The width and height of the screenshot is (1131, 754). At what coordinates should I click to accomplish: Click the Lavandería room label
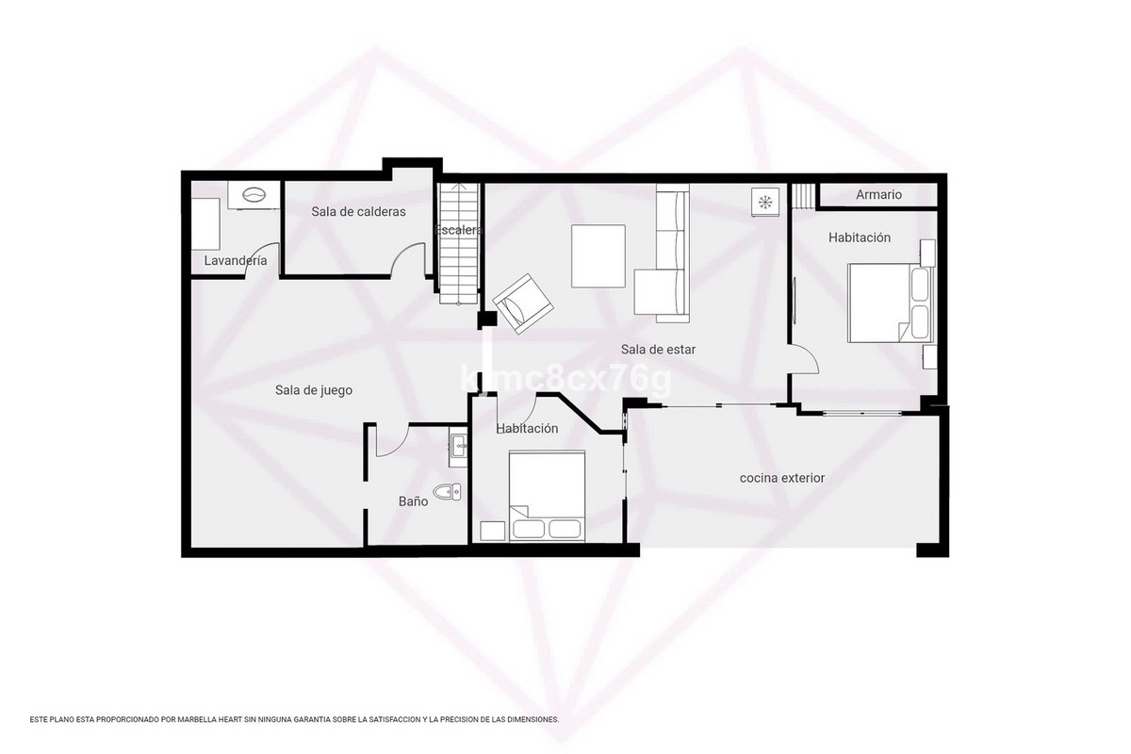coord(236,261)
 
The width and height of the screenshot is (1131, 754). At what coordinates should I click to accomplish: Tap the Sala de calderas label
coord(358,212)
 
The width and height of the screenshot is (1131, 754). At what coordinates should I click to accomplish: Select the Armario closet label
coord(878,195)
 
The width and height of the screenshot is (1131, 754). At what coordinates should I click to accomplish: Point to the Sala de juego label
coord(314,390)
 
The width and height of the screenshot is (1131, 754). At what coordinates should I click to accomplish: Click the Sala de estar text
coord(658,350)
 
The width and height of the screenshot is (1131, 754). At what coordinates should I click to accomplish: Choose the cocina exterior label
coord(781,479)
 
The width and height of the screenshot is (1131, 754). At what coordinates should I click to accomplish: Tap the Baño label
coord(413,501)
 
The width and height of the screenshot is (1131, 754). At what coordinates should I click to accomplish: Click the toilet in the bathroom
coord(447,491)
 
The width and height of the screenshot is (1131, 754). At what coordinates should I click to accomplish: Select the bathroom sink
coord(458,446)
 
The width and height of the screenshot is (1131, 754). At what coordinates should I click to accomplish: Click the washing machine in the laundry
coord(254,195)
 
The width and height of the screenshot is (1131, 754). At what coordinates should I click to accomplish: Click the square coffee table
coord(598,256)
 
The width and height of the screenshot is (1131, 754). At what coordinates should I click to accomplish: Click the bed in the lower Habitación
coord(547,496)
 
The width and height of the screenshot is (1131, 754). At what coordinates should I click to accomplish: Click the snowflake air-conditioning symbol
coord(765,201)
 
